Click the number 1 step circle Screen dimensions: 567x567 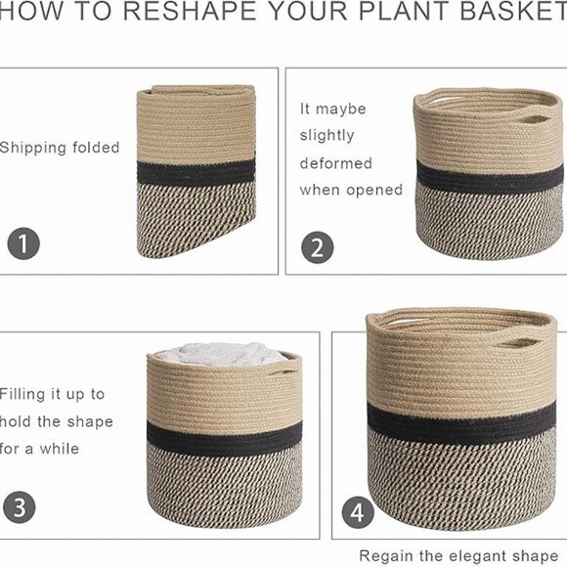pyautogui.click(x=23, y=243)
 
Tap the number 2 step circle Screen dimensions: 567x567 pyautogui.click(x=318, y=247)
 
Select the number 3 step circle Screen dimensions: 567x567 pyautogui.click(x=20, y=507)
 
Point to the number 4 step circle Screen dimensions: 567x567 pyautogui.click(x=358, y=512)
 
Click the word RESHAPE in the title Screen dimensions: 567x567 pyautogui.click(x=190, y=11)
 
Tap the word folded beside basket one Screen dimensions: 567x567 pyautogui.click(x=96, y=148)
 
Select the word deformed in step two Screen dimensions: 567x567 pyautogui.click(x=336, y=163)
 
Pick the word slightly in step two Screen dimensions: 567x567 pyautogui.click(x=327, y=136)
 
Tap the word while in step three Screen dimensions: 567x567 pyautogui.click(x=60, y=449)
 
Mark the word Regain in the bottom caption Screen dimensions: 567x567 pyautogui.click(x=386, y=556)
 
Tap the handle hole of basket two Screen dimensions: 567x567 pyautogui.click(x=534, y=119)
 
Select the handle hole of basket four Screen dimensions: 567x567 pyautogui.click(x=521, y=342)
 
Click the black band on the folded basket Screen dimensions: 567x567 pyautogui.click(x=196, y=174)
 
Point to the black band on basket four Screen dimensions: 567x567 pyautogui.click(x=461, y=424)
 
